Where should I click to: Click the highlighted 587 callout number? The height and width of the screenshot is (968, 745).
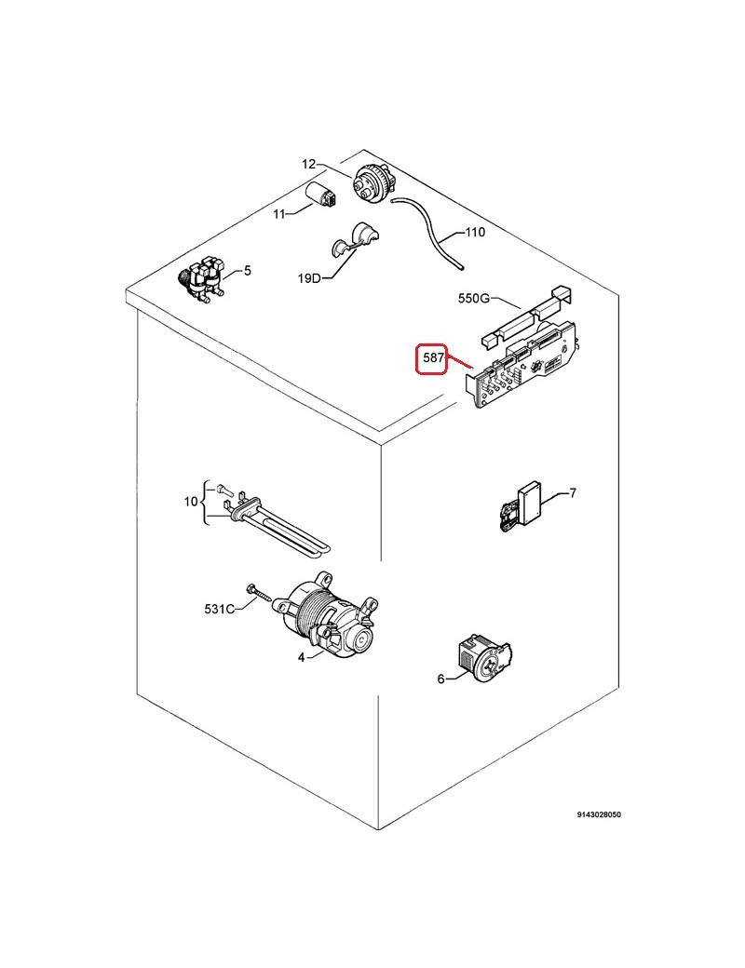(433, 358)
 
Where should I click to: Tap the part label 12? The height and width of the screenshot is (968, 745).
(309, 164)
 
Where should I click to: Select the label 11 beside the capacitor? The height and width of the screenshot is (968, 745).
(279, 213)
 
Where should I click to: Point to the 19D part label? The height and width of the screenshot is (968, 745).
(309, 277)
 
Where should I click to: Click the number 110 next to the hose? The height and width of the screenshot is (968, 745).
(475, 232)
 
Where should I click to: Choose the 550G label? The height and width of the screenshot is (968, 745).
(473, 298)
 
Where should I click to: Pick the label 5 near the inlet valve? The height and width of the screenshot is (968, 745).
(247, 271)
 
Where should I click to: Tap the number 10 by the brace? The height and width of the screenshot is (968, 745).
(191, 502)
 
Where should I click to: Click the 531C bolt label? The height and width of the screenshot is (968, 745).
(219, 610)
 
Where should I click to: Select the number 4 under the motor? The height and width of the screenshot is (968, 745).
(301, 658)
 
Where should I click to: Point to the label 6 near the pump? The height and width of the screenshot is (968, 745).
(440, 679)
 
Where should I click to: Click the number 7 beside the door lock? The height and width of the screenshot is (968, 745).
(573, 492)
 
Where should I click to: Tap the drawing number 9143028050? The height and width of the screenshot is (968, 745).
(599, 814)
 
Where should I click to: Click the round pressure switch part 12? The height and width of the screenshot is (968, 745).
(372, 182)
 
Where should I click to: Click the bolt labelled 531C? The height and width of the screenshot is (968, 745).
(260, 592)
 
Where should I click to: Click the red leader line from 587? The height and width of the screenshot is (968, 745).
(458, 363)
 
